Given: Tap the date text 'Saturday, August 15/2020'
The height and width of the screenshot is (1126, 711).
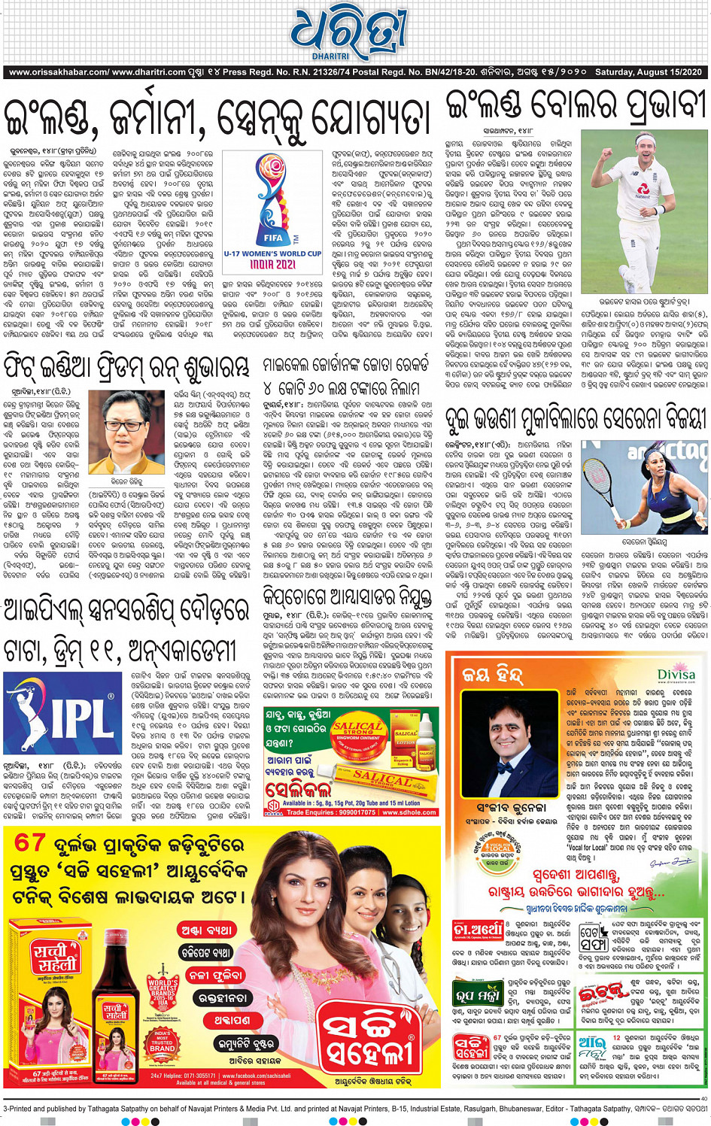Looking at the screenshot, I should [648, 72].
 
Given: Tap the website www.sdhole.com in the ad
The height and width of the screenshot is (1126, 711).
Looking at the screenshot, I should [407, 812].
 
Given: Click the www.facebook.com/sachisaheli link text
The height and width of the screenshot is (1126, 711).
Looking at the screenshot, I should [225, 1076].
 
